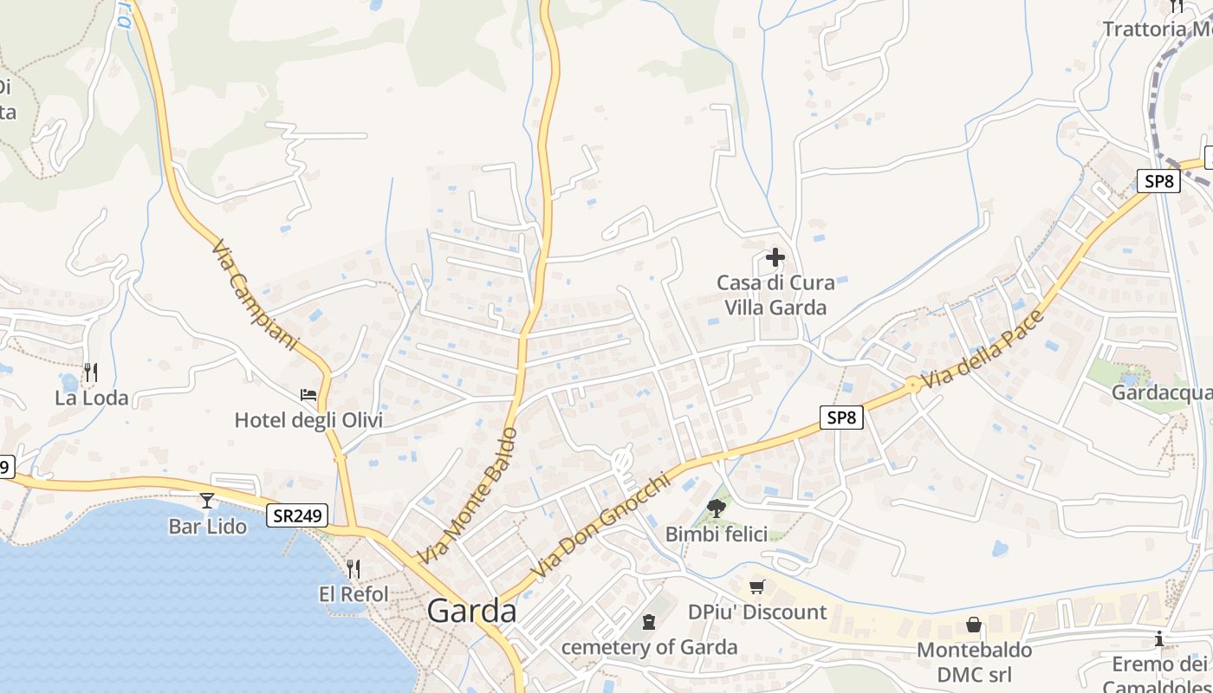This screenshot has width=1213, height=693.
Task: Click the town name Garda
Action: [471, 612]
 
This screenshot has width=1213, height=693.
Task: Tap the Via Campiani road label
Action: [254, 295]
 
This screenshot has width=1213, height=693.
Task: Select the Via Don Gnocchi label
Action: [600, 525]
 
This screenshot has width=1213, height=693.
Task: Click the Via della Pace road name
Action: [983, 349]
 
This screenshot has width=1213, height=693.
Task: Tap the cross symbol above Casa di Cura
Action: [775, 257]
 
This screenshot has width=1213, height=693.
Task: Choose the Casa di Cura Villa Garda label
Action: [775, 295]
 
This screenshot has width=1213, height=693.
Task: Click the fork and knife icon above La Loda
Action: [91, 372]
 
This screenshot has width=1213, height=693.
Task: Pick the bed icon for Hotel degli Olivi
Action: [308, 395]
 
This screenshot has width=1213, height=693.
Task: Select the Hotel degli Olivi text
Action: [308, 421]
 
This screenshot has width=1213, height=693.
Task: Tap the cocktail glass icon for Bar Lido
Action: [207, 500]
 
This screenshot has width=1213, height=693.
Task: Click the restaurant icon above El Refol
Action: [353, 568]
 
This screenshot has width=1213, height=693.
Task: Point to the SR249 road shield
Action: [297, 515]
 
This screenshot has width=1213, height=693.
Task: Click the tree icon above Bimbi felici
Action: [716, 508]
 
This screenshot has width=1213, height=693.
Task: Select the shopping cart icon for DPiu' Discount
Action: [757, 587]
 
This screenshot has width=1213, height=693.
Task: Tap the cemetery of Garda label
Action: [650, 647]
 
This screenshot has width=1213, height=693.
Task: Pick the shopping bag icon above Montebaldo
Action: [974, 625]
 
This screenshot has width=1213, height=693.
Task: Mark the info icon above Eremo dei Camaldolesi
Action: [1159, 639]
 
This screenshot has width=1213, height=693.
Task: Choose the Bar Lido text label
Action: [207, 526]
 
